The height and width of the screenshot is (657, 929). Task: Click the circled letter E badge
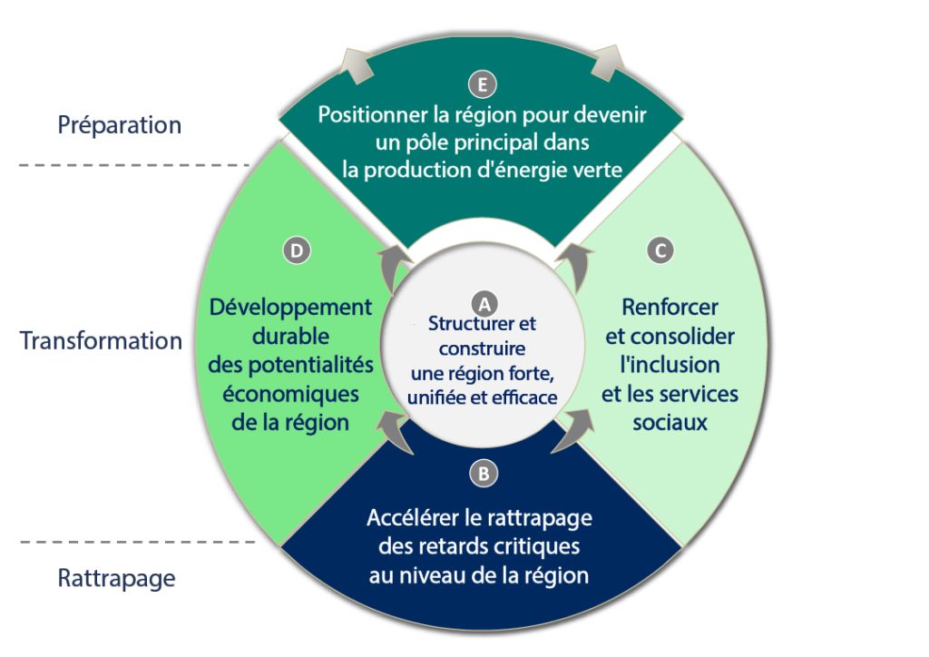(483, 84)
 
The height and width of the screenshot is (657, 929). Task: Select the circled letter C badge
(662, 250)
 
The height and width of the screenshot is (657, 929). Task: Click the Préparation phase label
(120, 124)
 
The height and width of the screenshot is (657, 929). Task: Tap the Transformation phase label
(101, 341)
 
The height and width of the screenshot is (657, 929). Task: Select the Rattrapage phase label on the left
(117, 578)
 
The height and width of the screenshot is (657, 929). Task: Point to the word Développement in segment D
(290, 307)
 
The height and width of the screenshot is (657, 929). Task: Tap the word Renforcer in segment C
(670, 307)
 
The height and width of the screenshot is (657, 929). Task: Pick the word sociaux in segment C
(670, 423)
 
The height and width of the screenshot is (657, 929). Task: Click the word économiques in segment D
(290, 394)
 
